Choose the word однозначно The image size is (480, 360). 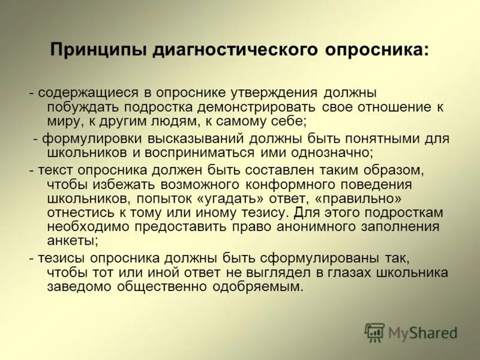(x=322, y=152)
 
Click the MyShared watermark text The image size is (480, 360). (x=422, y=332)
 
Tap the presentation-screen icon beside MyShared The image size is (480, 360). (x=374, y=332)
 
